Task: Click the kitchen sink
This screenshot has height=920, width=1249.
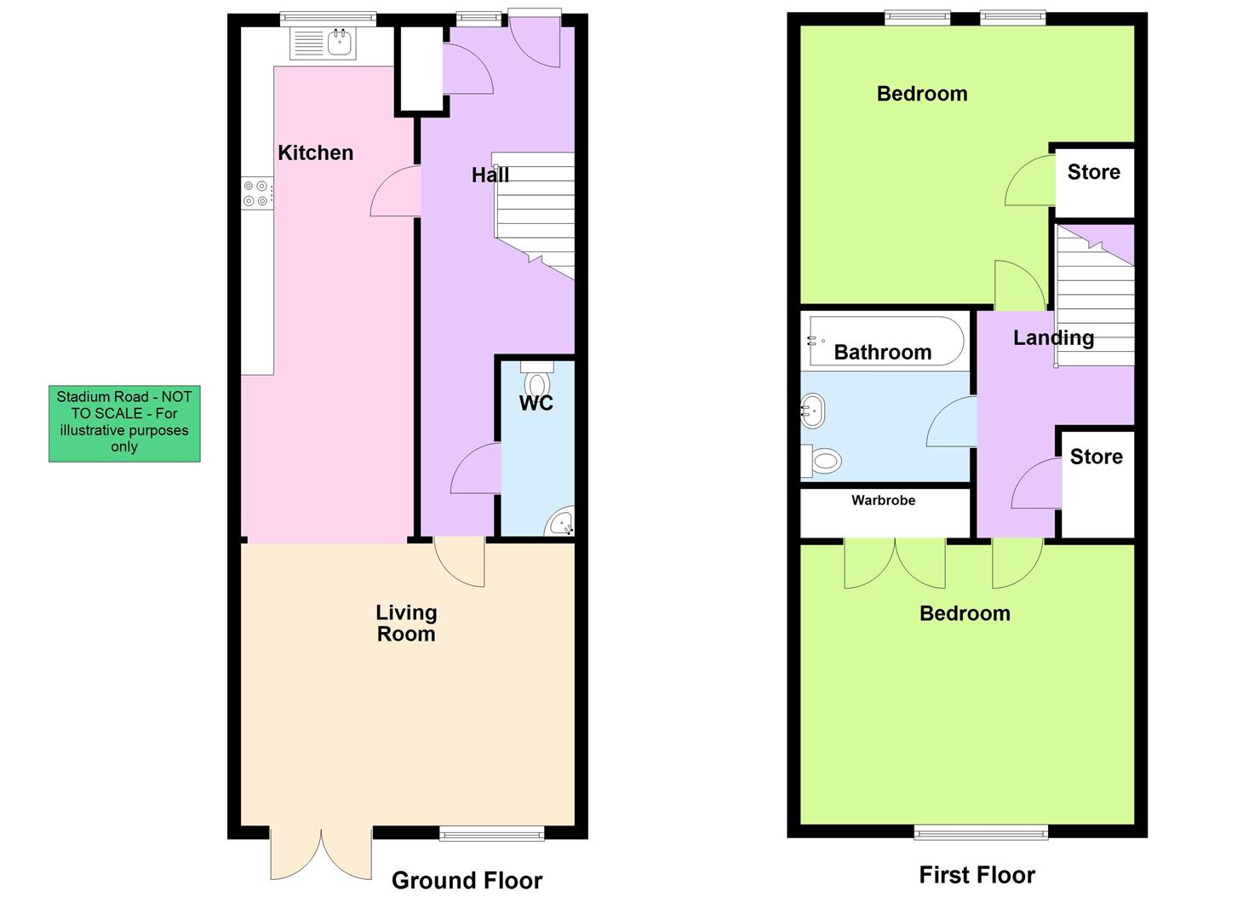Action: click(x=324, y=43)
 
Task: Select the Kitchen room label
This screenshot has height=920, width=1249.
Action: click(x=315, y=152)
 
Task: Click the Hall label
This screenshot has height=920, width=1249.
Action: click(x=490, y=175)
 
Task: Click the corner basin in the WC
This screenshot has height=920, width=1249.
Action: click(x=560, y=521)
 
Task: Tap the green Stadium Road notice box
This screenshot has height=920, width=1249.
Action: click(x=124, y=423)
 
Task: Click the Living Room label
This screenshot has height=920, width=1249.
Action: click(x=406, y=623)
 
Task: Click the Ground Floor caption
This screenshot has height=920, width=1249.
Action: click(x=467, y=880)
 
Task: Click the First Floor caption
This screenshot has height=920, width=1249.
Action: click(x=977, y=875)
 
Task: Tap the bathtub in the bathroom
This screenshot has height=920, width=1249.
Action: click(x=885, y=341)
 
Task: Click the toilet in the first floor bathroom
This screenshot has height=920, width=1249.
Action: click(x=821, y=462)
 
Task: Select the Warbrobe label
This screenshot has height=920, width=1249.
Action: click(x=883, y=500)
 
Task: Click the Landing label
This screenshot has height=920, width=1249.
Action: click(x=1052, y=337)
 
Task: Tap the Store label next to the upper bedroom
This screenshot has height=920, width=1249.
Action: click(x=1093, y=172)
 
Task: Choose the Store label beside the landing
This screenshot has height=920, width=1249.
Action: click(x=1096, y=457)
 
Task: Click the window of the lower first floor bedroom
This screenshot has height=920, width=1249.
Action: click(x=981, y=832)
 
